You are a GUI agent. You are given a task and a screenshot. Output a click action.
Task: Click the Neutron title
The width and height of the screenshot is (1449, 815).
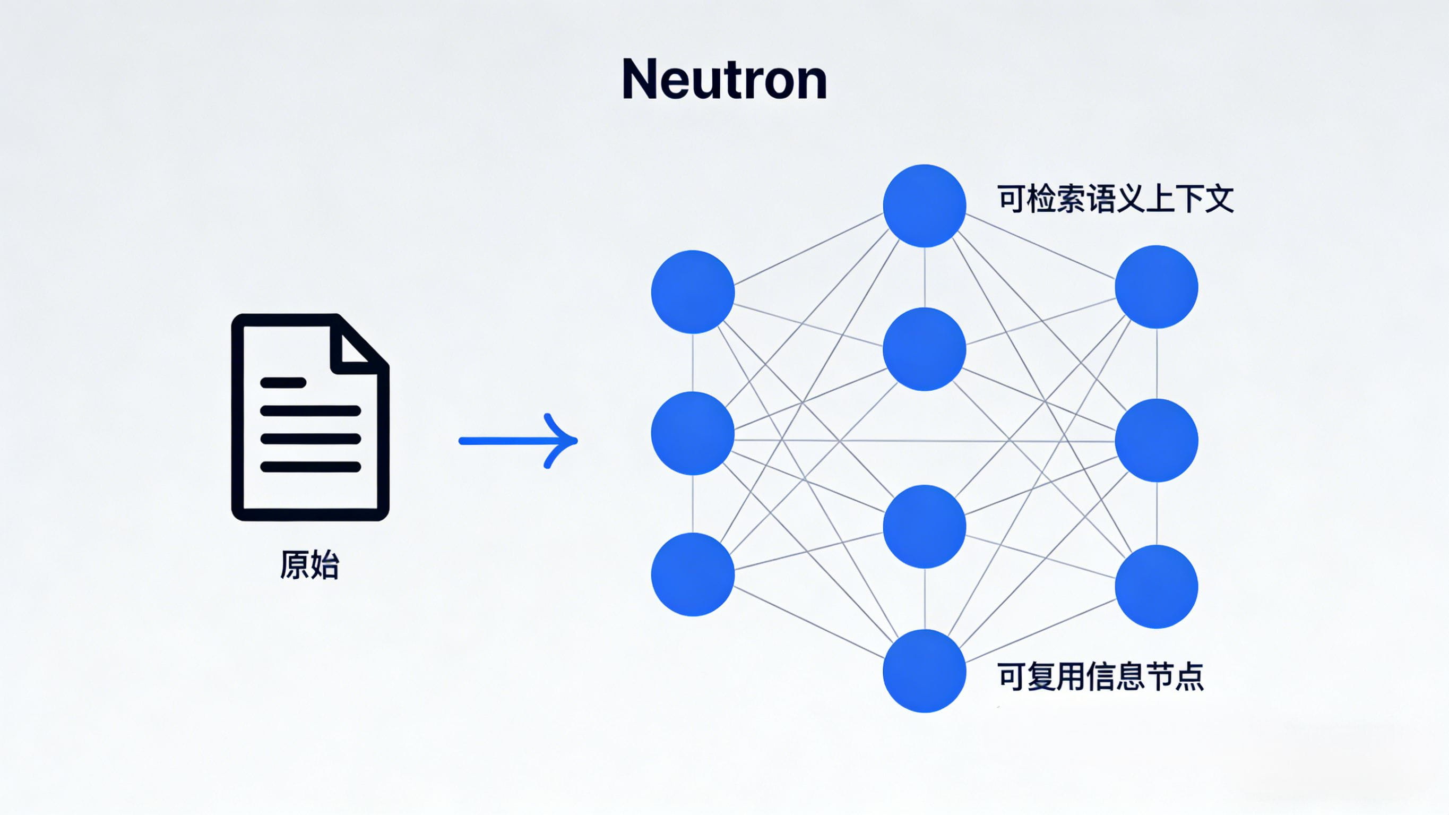pyautogui.click(x=724, y=80)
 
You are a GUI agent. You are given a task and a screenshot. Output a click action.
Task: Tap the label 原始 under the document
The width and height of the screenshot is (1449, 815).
pyautogui.click(x=309, y=564)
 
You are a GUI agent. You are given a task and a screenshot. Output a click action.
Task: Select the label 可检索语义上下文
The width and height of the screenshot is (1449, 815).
pyautogui.click(x=1116, y=199)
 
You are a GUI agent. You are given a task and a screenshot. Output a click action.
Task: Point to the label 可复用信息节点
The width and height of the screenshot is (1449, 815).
pyautogui.click(x=1100, y=676)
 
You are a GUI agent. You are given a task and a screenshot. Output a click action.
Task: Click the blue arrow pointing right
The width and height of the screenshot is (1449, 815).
pyautogui.click(x=518, y=441)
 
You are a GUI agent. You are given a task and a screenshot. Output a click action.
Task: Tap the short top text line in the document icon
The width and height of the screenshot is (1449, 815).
pyautogui.click(x=283, y=383)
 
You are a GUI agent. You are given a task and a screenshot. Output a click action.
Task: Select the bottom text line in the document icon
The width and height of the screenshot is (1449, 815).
pyautogui.click(x=310, y=467)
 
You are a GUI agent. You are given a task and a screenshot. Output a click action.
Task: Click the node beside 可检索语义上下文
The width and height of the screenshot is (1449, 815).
pyautogui.click(x=924, y=205)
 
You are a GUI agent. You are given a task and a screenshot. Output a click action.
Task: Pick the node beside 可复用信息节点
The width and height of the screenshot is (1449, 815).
pyautogui.click(x=924, y=671)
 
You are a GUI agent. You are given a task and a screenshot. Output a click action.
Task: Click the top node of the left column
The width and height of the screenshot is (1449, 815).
pyautogui.click(x=693, y=291)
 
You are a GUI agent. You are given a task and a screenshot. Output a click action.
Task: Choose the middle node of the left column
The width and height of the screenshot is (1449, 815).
pyautogui.click(x=693, y=433)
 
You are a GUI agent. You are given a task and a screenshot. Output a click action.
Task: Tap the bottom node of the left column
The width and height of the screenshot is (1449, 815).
pyautogui.click(x=693, y=574)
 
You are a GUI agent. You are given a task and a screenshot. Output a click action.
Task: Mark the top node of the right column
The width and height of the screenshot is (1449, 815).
pyautogui.click(x=1156, y=287)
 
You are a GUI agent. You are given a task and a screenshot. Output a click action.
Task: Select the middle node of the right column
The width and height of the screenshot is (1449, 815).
pyautogui.click(x=1156, y=440)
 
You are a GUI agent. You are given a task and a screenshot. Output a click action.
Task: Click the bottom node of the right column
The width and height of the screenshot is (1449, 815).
pyautogui.click(x=1156, y=587)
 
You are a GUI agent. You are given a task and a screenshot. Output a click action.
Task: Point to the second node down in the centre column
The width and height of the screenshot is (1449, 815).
pyautogui.click(x=924, y=349)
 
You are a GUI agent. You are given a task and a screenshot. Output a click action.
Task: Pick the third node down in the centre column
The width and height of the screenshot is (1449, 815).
pyautogui.click(x=924, y=526)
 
